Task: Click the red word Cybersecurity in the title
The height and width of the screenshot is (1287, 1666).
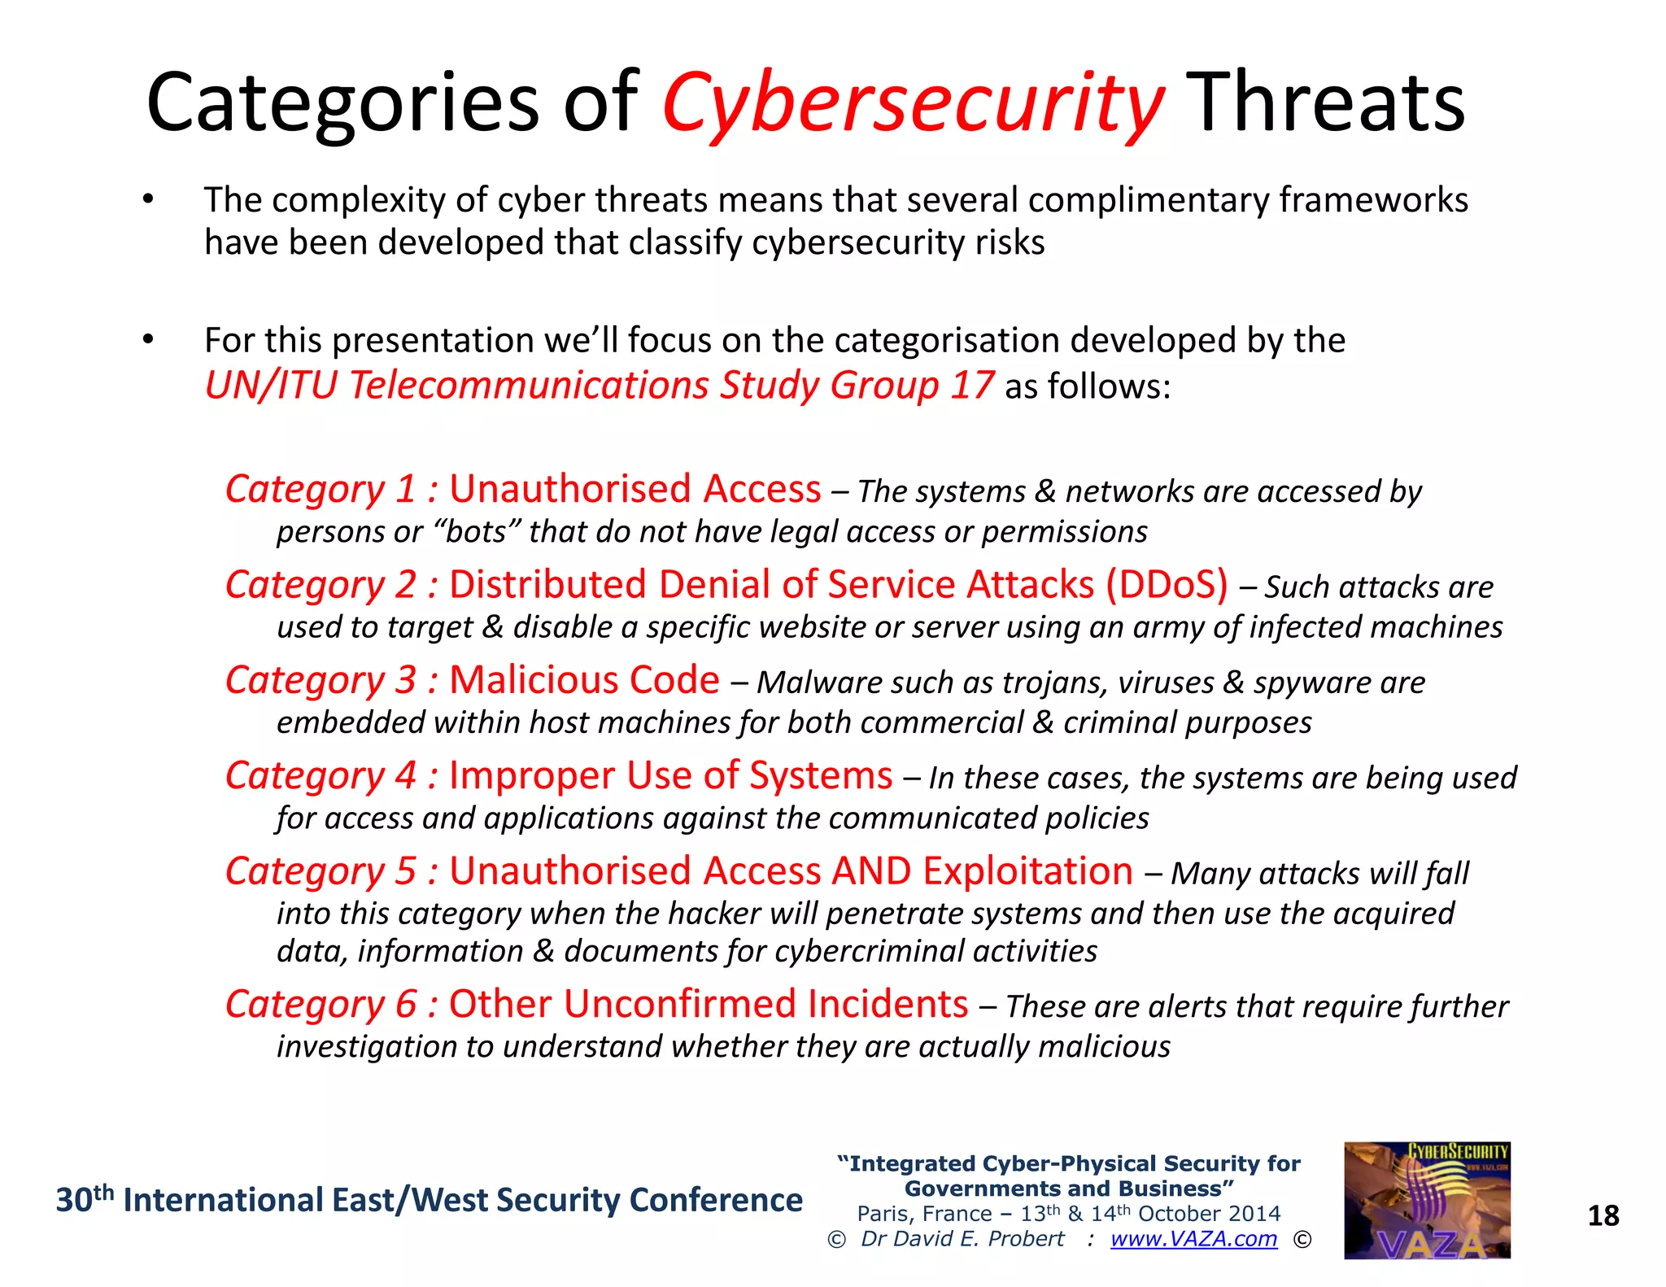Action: pos(913,104)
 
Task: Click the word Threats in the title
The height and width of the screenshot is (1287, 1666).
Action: pos(1325,103)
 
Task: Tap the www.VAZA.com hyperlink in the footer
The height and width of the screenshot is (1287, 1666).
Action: pos(1193,1238)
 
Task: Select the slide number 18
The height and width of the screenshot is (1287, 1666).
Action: pos(1603,1215)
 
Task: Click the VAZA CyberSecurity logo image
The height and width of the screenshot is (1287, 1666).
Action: pos(1426,1200)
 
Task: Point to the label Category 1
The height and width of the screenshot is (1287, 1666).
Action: pos(321,490)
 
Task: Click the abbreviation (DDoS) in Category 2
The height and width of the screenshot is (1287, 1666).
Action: pos(1167,585)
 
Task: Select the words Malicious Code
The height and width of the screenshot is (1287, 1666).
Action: pos(583,680)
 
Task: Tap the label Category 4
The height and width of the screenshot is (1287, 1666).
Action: pos(321,776)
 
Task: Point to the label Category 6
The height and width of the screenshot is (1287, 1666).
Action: pos(321,1005)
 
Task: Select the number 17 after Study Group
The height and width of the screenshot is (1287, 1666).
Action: pos(970,385)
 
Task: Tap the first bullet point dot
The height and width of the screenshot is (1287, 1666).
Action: pos(147,200)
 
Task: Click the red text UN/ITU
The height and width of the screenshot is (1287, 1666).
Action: pos(270,385)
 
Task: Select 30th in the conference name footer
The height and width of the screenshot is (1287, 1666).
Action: pos(84,1199)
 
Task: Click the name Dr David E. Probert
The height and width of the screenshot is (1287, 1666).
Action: pos(962,1238)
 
